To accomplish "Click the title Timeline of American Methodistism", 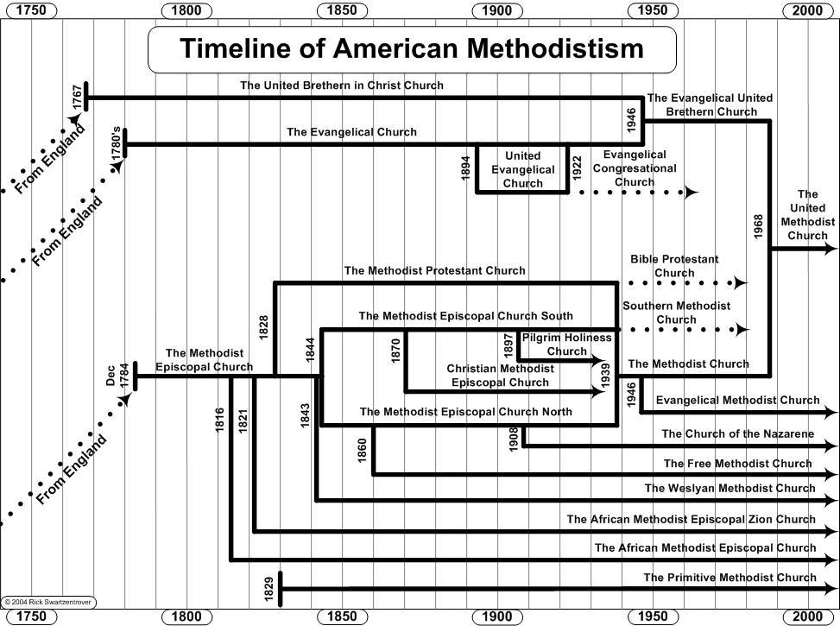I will point(411,48).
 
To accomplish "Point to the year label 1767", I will point(78,98).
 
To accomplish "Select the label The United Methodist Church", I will point(807,215).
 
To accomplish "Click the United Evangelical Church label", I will point(523,170).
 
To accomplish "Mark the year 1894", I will point(466,168).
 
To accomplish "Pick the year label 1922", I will point(578,168).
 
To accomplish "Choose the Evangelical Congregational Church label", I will point(635,168).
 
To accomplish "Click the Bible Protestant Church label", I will point(674,266).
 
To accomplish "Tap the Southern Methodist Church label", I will point(676,313).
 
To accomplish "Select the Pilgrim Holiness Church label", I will point(567,345).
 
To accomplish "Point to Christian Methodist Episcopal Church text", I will point(500,376).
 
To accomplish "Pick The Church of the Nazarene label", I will point(738,434).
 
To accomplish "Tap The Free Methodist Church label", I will point(738,464).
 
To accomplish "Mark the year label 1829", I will point(268,589).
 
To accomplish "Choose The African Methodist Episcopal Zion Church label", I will point(691,520).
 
